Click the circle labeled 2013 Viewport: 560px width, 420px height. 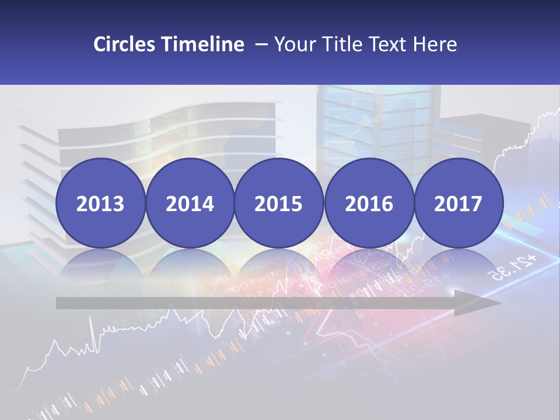(x=100, y=204)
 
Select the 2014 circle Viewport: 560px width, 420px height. (x=190, y=204)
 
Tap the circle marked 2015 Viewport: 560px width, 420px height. (x=279, y=204)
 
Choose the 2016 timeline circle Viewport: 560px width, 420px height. (x=369, y=204)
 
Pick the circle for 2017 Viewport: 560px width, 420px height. (x=458, y=204)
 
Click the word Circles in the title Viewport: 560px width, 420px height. (x=124, y=44)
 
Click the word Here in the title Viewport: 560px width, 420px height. (x=436, y=44)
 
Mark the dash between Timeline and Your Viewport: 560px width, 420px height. (x=261, y=45)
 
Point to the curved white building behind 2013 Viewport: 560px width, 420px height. (x=146, y=134)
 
